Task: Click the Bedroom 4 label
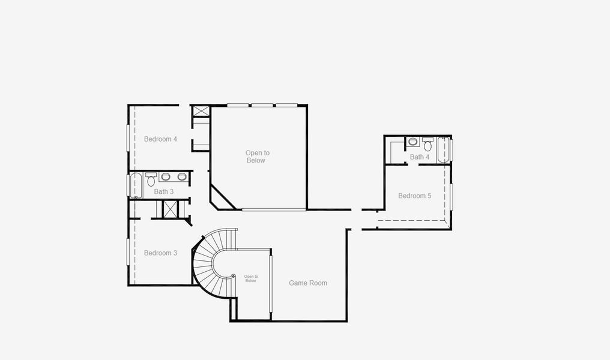tap(160, 139)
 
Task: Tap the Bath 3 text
tap(164, 192)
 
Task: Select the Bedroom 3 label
tap(160, 253)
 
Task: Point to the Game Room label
tap(308, 283)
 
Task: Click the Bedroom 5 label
tap(414, 196)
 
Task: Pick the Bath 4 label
tap(420, 157)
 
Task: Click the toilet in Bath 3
tap(151, 180)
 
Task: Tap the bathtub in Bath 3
tap(136, 185)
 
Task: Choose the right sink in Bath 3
tap(181, 177)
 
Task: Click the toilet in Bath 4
tap(427, 145)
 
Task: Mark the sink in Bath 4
tap(413, 142)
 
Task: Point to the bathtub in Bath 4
tap(443, 149)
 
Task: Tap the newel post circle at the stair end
tap(234, 276)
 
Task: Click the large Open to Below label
tap(257, 157)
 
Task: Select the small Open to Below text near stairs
tap(251, 278)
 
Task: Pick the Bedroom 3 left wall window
tap(128, 251)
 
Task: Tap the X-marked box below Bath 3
tap(171, 209)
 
